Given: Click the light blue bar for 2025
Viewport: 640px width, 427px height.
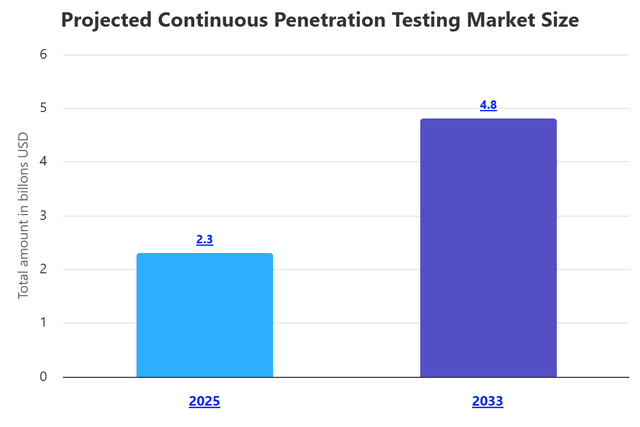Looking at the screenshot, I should [205, 315].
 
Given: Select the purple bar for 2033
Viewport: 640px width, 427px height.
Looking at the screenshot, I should [489, 248].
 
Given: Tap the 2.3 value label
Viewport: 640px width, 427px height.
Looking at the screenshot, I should [205, 240].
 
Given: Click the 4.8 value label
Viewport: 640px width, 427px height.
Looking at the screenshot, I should [489, 105].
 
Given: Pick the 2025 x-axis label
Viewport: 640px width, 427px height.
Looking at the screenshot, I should [205, 401].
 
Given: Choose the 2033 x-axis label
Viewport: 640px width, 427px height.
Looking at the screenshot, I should [487, 401].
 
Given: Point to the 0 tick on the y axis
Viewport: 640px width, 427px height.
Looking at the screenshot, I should [43, 377].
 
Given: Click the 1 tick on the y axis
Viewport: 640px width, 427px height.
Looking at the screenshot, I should [43, 323].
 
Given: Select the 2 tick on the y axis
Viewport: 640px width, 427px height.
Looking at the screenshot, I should [43, 270].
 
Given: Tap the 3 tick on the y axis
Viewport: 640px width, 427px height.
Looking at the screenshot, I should [43, 216].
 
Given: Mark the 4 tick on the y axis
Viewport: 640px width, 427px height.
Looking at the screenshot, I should [43, 162].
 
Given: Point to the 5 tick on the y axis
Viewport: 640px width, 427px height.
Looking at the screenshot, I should [43, 108].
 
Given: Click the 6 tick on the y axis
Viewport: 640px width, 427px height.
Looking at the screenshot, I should [43, 54].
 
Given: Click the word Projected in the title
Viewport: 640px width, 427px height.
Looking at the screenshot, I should [105, 20].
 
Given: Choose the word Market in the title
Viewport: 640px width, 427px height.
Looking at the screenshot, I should [487, 20].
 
